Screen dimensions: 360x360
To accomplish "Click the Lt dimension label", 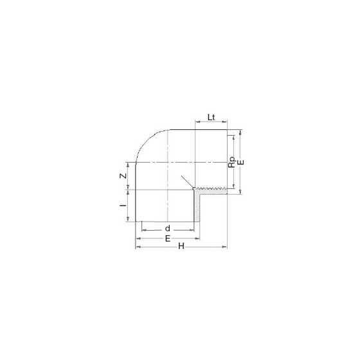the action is [x=212, y=117].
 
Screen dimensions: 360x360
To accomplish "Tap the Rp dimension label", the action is [x=232, y=162].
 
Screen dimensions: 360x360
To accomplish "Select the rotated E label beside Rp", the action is [x=241, y=162].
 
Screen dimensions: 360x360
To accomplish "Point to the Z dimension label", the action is [x=123, y=176].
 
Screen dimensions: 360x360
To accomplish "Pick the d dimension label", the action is [x=168, y=228].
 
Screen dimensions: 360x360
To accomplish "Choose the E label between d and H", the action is [x=168, y=239].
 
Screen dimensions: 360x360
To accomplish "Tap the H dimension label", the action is [x=181, y=246].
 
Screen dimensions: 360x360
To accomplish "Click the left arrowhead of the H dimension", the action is [x=138, y=247].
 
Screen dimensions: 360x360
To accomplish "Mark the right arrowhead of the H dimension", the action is [x=225, y=247].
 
